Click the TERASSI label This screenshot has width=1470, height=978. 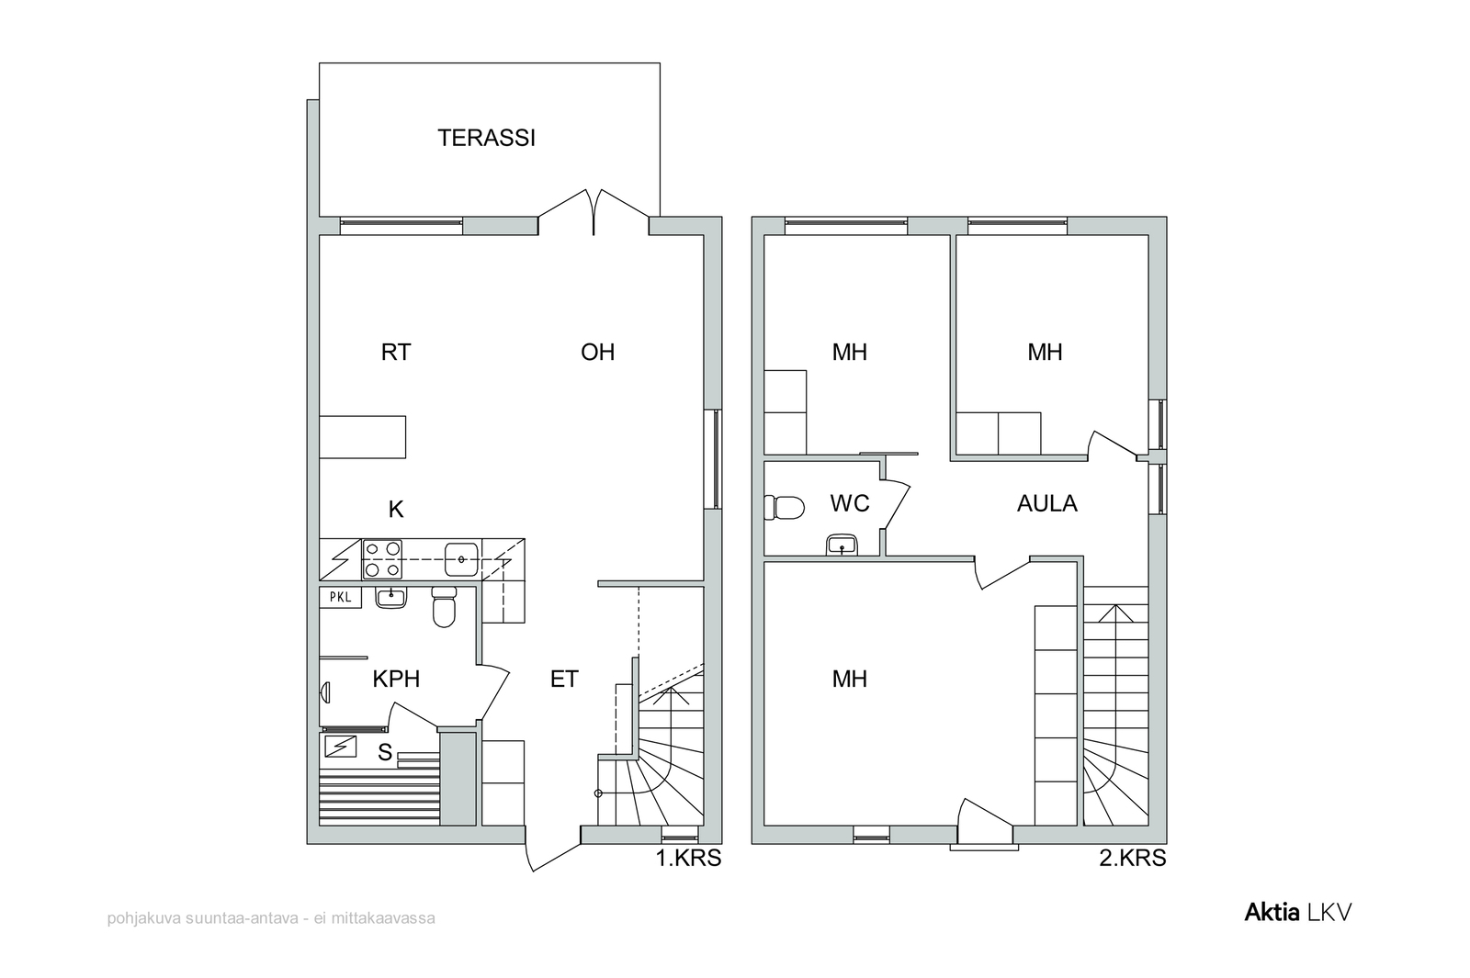[x=486, y=138]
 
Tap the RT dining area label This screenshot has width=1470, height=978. [x=396, y=353]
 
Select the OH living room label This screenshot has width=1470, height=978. [x=597, y=353]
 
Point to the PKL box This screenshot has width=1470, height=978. [x=340, y=598]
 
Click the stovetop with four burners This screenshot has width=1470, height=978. [x=382, y=559]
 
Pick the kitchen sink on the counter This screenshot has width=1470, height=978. [x=461, y=559]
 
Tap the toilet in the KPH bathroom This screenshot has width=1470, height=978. [x=445, y=607]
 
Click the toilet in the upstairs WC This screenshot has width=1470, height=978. [x=785, y=508]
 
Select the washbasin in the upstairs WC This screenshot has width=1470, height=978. [x=842, y=545]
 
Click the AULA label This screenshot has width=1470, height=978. [x=1046, y=504]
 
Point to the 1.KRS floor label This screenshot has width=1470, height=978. [x=688, y=858]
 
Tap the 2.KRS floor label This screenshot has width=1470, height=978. [x=1133, y=858]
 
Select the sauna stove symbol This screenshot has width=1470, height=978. [x=340, y=747]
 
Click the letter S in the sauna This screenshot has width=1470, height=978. [x=385, y=753]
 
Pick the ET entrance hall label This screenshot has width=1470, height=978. [x=564, y=680]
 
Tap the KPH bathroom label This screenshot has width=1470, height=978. [x=396, y=680]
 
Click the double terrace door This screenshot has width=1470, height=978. [x=594, y=212]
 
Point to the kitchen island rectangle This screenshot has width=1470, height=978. [x=362, y=437]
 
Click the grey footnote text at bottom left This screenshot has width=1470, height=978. [x=271, y=918]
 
